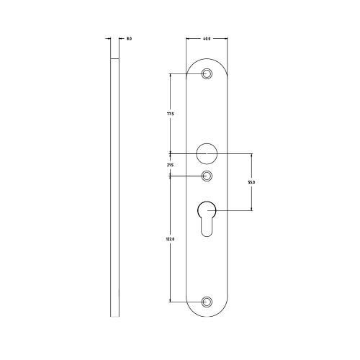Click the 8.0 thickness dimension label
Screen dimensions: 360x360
pos(129,39)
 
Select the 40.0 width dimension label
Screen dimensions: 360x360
pos(207,39)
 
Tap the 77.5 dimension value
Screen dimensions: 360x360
pos(171,114)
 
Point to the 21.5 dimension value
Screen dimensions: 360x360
pos(171,165)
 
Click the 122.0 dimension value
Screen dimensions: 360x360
pos(171,238)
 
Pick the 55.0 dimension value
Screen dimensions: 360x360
pos(251,182)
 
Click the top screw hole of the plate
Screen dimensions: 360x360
pos(207,74)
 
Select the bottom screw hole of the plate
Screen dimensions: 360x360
pos(207,302)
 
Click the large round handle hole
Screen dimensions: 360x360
pos(207,153)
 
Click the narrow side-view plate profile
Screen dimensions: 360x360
pos(114,187)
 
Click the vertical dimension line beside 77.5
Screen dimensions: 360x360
pos(171,94)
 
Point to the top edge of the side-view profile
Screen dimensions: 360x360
pos(114,58)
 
